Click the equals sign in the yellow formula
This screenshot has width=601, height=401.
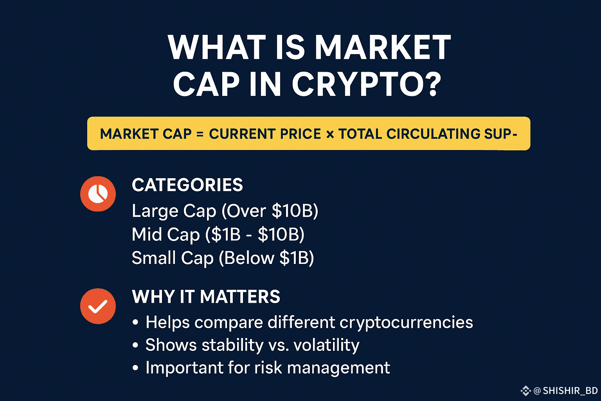coord(200,134)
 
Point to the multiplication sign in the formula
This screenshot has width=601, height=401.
coord(330,134)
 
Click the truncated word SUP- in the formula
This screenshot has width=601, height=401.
coord(501,134)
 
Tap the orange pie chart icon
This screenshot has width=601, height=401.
coord(98,194)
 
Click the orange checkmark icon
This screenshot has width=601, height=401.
coord(98,306)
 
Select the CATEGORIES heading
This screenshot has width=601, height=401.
coord(187,185)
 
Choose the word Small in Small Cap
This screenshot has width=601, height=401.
coord(154,258)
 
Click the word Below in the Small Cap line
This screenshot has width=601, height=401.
coord(249,258)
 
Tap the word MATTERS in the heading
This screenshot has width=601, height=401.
coord(240,297)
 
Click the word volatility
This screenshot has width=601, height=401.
coord(327,345)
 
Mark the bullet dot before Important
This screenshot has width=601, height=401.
coord(135,367)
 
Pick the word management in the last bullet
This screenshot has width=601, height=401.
coord(338,368)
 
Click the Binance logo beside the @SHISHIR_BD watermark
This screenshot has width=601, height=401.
coord(526,391)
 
